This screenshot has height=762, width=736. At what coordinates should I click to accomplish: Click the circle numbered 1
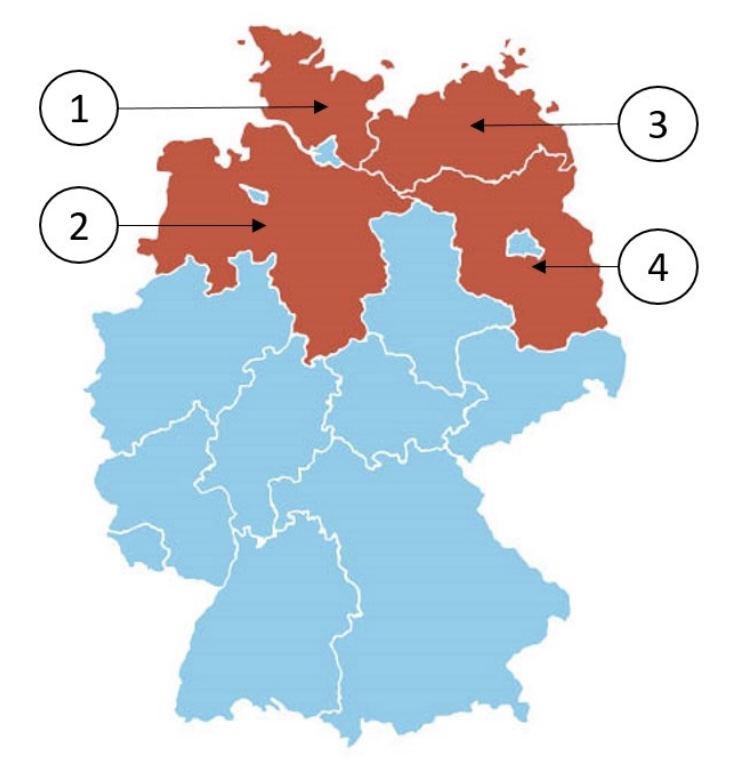point(79,109)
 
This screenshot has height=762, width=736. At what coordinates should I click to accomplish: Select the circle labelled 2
point(78,225)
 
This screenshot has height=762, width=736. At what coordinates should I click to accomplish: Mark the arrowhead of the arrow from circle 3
point(477,125)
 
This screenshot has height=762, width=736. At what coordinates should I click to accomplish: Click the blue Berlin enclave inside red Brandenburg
point(520,242)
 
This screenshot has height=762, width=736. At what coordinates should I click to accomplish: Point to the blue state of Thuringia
point(390,400)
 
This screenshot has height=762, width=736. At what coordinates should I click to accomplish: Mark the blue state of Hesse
point(265,420)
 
